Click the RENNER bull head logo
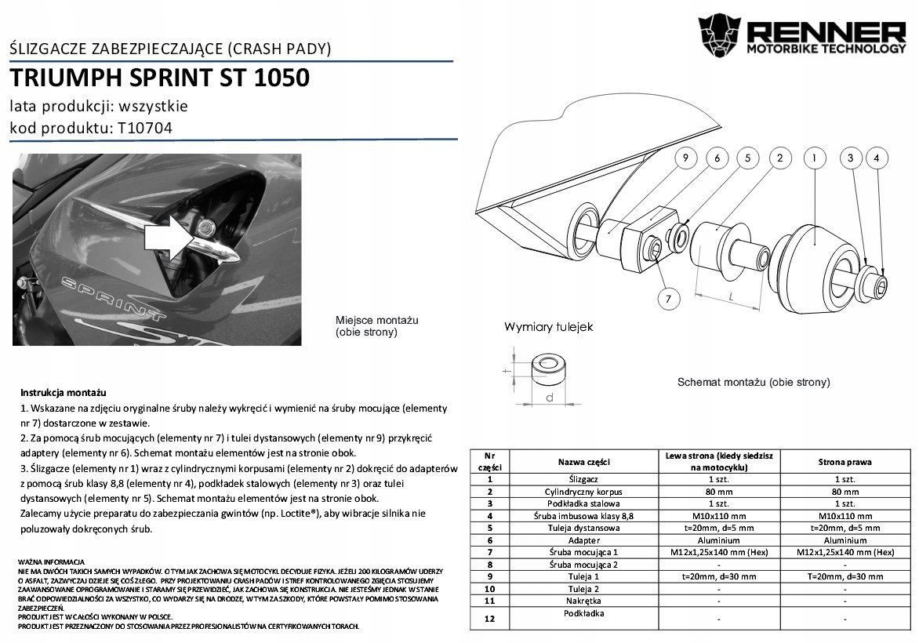(720, 37)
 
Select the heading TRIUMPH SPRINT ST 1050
(159, 78)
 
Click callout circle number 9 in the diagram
(685, 158)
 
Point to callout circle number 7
(668, 298)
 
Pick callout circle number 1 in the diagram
(815, 158)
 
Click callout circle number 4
(877, 158)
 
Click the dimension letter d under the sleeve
(550, 398)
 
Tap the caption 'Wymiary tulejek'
(548, 326)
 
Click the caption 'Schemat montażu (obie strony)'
(753, 383)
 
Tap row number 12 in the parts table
(489, 619)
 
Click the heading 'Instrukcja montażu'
(64, 392)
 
